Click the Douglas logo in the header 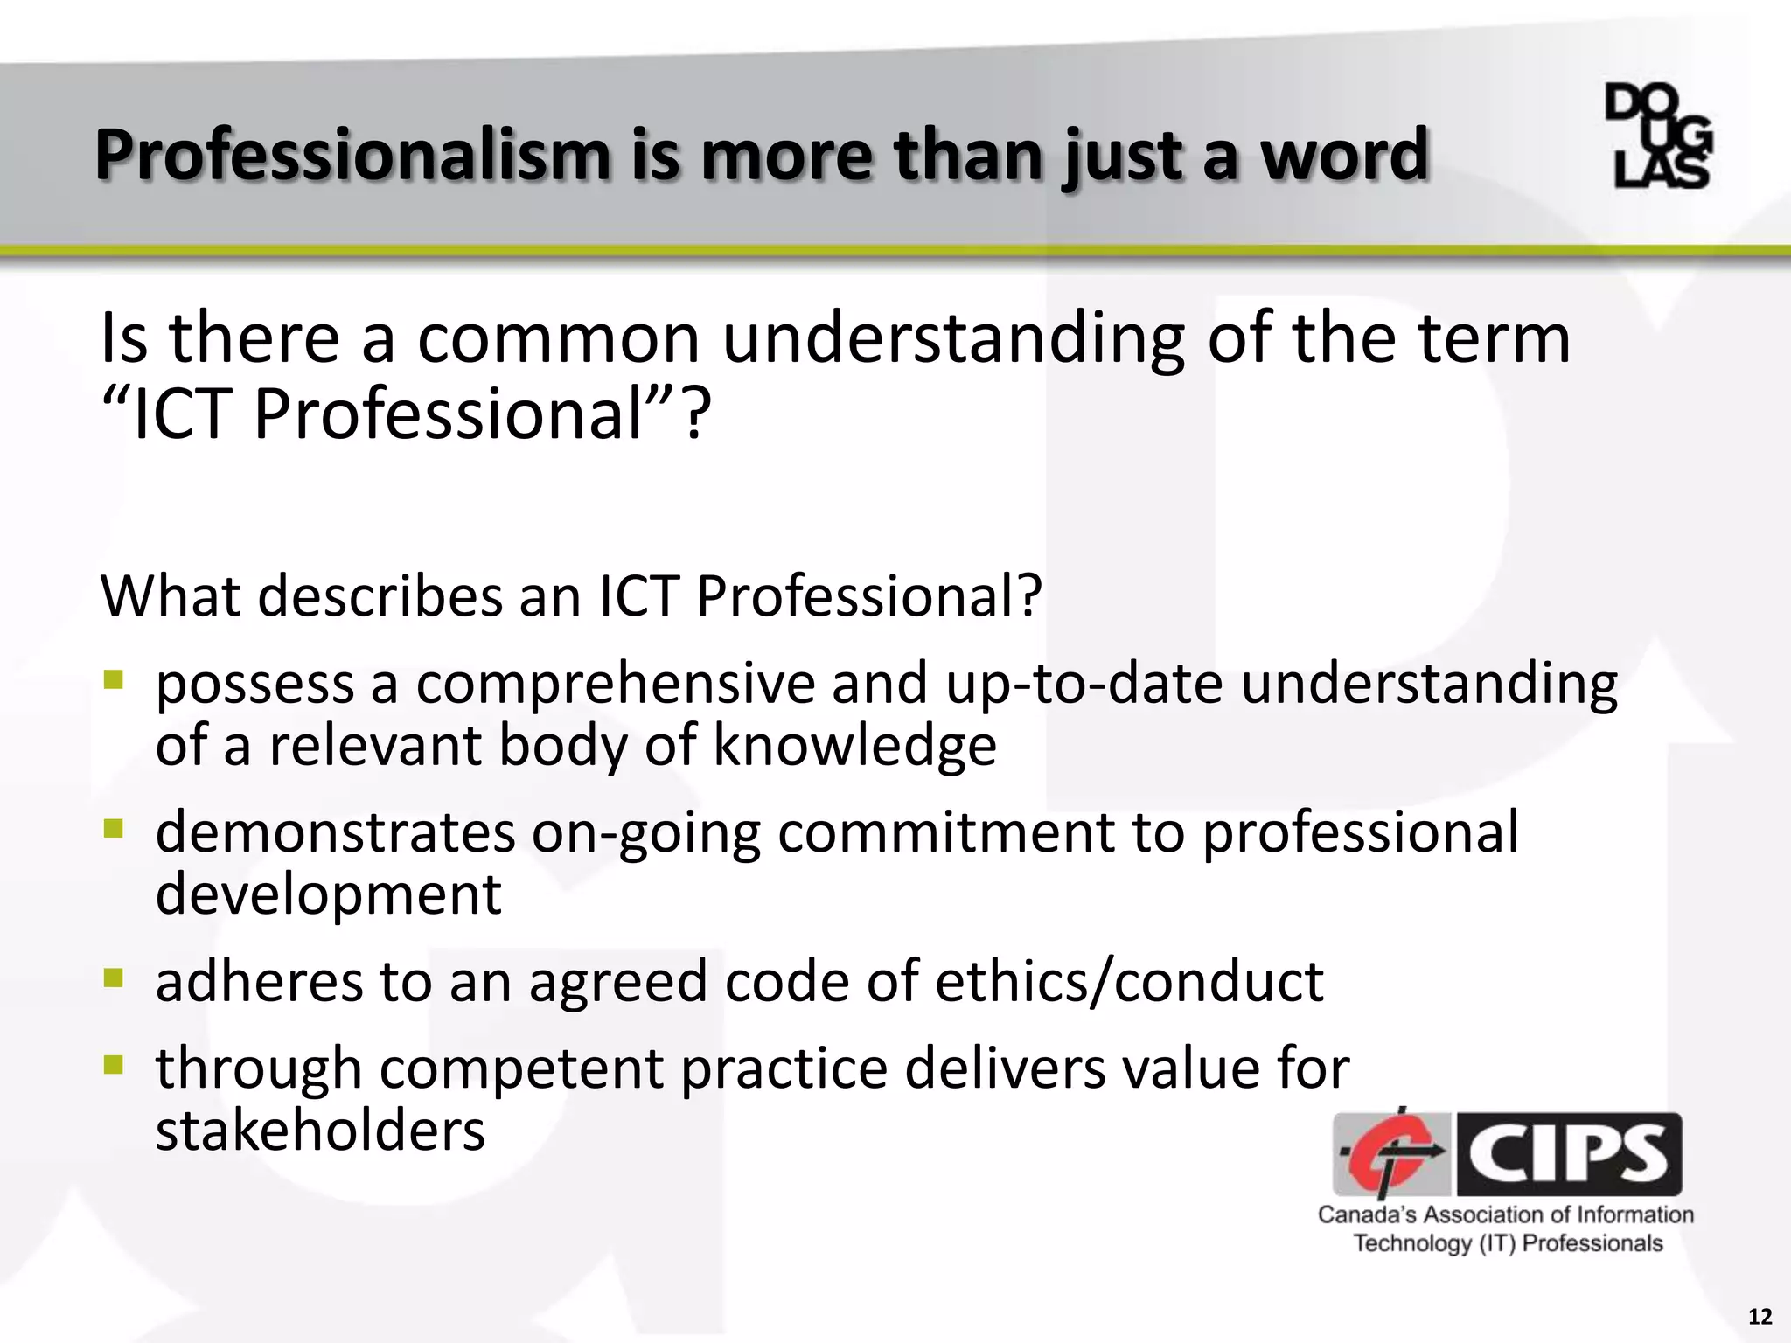tap(1658, 136)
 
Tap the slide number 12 tap(1760, 1317)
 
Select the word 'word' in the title tap(1344, 156)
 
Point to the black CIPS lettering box tap(1569, 1154)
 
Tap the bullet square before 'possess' tap(113, 679)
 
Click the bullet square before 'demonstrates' tap(113, 828)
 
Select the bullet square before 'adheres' tap(113, 977)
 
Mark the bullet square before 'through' tap(113, 1064)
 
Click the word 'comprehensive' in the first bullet tap(615, 685)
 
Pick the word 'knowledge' tap(854, 746)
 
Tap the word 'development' tap(328, 894)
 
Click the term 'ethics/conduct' tap(1129, 981)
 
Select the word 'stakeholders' tap(320, 1131)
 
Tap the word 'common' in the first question tap(559, 338)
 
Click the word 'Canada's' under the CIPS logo tap(1367, 1215)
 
